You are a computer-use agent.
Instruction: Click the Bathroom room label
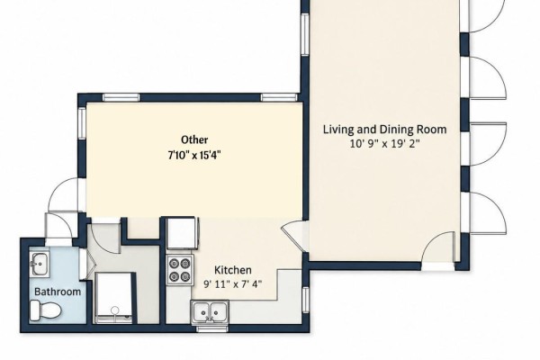coord(58,292)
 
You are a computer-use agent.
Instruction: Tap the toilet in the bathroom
coord(45,310)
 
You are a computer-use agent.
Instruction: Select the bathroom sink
coord(40,264)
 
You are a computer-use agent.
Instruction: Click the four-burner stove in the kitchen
coord(179,270)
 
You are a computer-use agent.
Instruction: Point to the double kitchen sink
coord(210,311)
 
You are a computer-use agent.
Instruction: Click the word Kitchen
coord(232,270)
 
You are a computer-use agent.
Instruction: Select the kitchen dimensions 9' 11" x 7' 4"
coord(232,284)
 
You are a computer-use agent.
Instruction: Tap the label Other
coord(194,139)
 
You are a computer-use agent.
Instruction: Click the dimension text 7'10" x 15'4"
coord(193,156)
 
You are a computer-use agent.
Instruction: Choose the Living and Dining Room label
coord(384,130)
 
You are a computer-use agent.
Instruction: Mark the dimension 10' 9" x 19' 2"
coord(384,143)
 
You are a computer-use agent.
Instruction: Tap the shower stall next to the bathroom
coord(113,298)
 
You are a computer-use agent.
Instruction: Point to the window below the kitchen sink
coord(211,329)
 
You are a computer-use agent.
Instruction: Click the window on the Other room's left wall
coord(82,123)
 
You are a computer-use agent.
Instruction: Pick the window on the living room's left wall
coord(305,34)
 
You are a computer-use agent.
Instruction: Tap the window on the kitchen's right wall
coord(305,300)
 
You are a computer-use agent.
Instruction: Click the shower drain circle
coord(115,310)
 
